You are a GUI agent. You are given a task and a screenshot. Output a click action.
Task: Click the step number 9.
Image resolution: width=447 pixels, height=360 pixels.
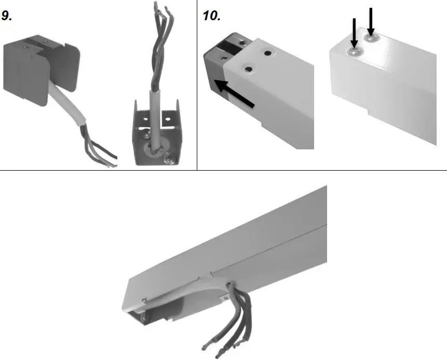pyautogui.click(x=8, y=15)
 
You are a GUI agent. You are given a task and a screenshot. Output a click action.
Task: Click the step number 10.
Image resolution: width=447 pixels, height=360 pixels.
pyautogui.click(x=211, y=15)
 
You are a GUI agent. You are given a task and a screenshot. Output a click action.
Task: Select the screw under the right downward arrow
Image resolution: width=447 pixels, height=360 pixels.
pyautogui.click(x=371, y=37)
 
